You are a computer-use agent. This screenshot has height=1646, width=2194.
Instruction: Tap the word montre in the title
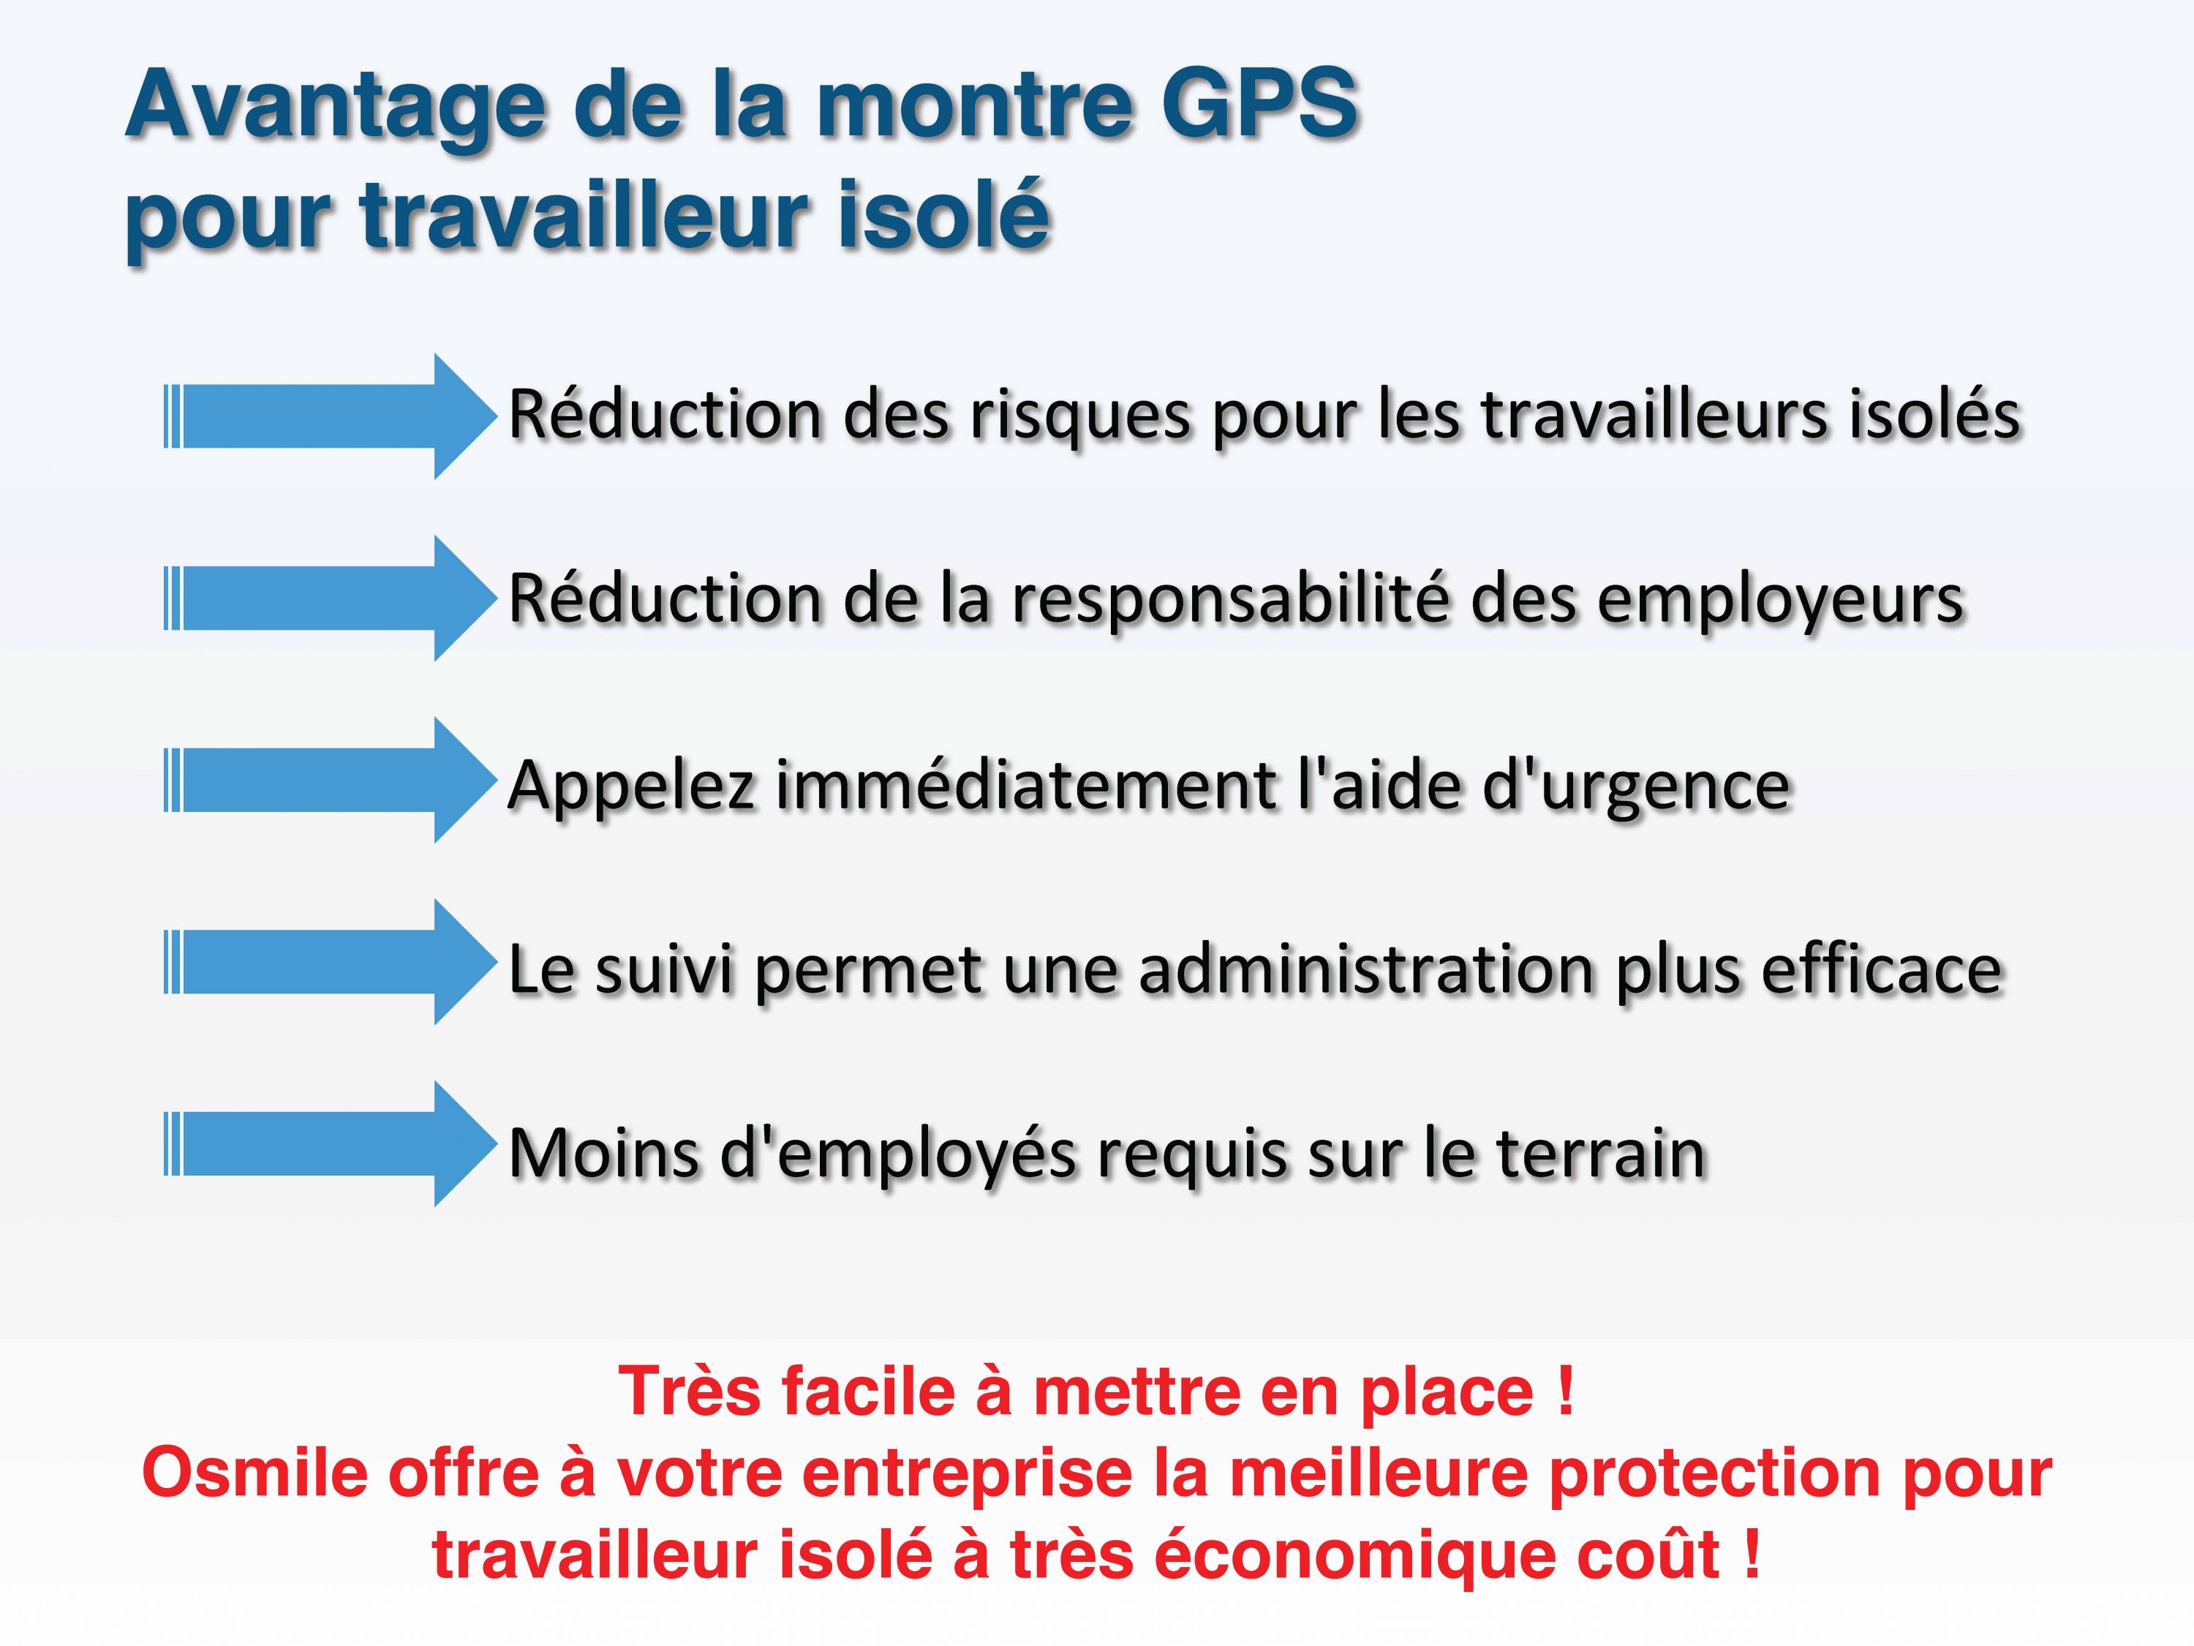click(975, 105)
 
